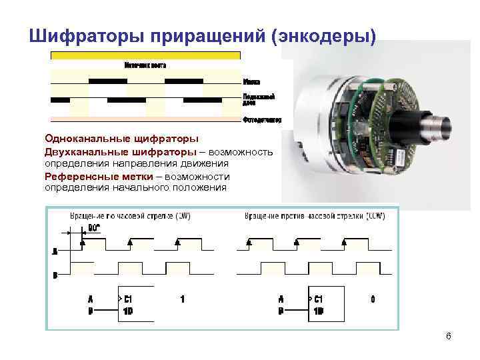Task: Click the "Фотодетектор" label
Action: tap(262, 121)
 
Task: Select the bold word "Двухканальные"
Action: tap(81, 151)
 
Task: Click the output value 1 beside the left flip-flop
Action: tap(183, 299)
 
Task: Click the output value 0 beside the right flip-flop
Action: tap(373, 299)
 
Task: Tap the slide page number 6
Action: tap(449, 336)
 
